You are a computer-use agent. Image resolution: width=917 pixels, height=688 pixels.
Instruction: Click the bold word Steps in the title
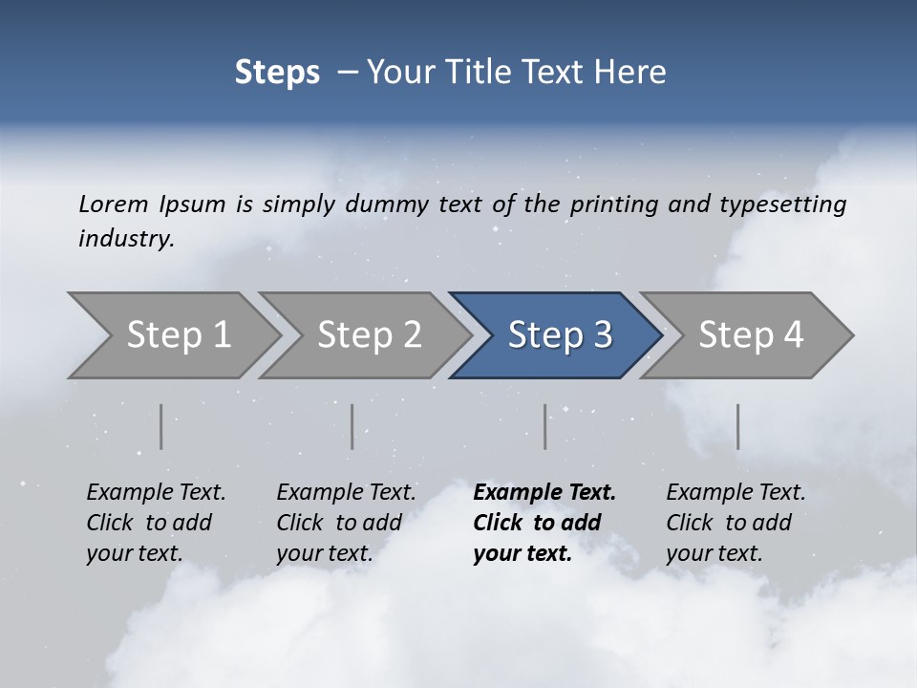tap(277, 73)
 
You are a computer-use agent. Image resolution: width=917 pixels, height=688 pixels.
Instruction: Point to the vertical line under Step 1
tap(161, 426)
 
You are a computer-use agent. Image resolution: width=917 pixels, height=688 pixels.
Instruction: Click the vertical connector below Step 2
tap(352, 426)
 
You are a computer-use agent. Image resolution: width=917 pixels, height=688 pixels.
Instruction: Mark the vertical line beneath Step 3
tap(545, 426)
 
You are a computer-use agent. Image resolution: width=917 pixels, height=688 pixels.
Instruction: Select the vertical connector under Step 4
tap(738, 426)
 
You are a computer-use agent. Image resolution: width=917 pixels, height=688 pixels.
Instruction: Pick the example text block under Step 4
tap(736, 523)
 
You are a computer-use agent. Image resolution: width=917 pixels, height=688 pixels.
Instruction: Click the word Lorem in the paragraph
tap(114, 204)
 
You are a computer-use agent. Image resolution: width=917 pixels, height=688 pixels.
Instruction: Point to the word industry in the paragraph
tap(126, 239)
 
